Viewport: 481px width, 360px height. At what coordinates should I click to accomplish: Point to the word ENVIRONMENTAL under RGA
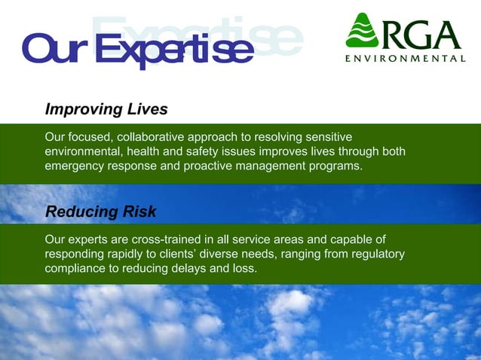[405, 58]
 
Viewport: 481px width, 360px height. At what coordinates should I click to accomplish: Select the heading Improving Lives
[106, 109]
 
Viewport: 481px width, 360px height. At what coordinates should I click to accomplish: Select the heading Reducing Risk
[101, 211]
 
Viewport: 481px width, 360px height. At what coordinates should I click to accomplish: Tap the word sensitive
[329, 137]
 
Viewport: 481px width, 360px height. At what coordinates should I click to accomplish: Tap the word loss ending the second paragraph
[245, 268]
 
